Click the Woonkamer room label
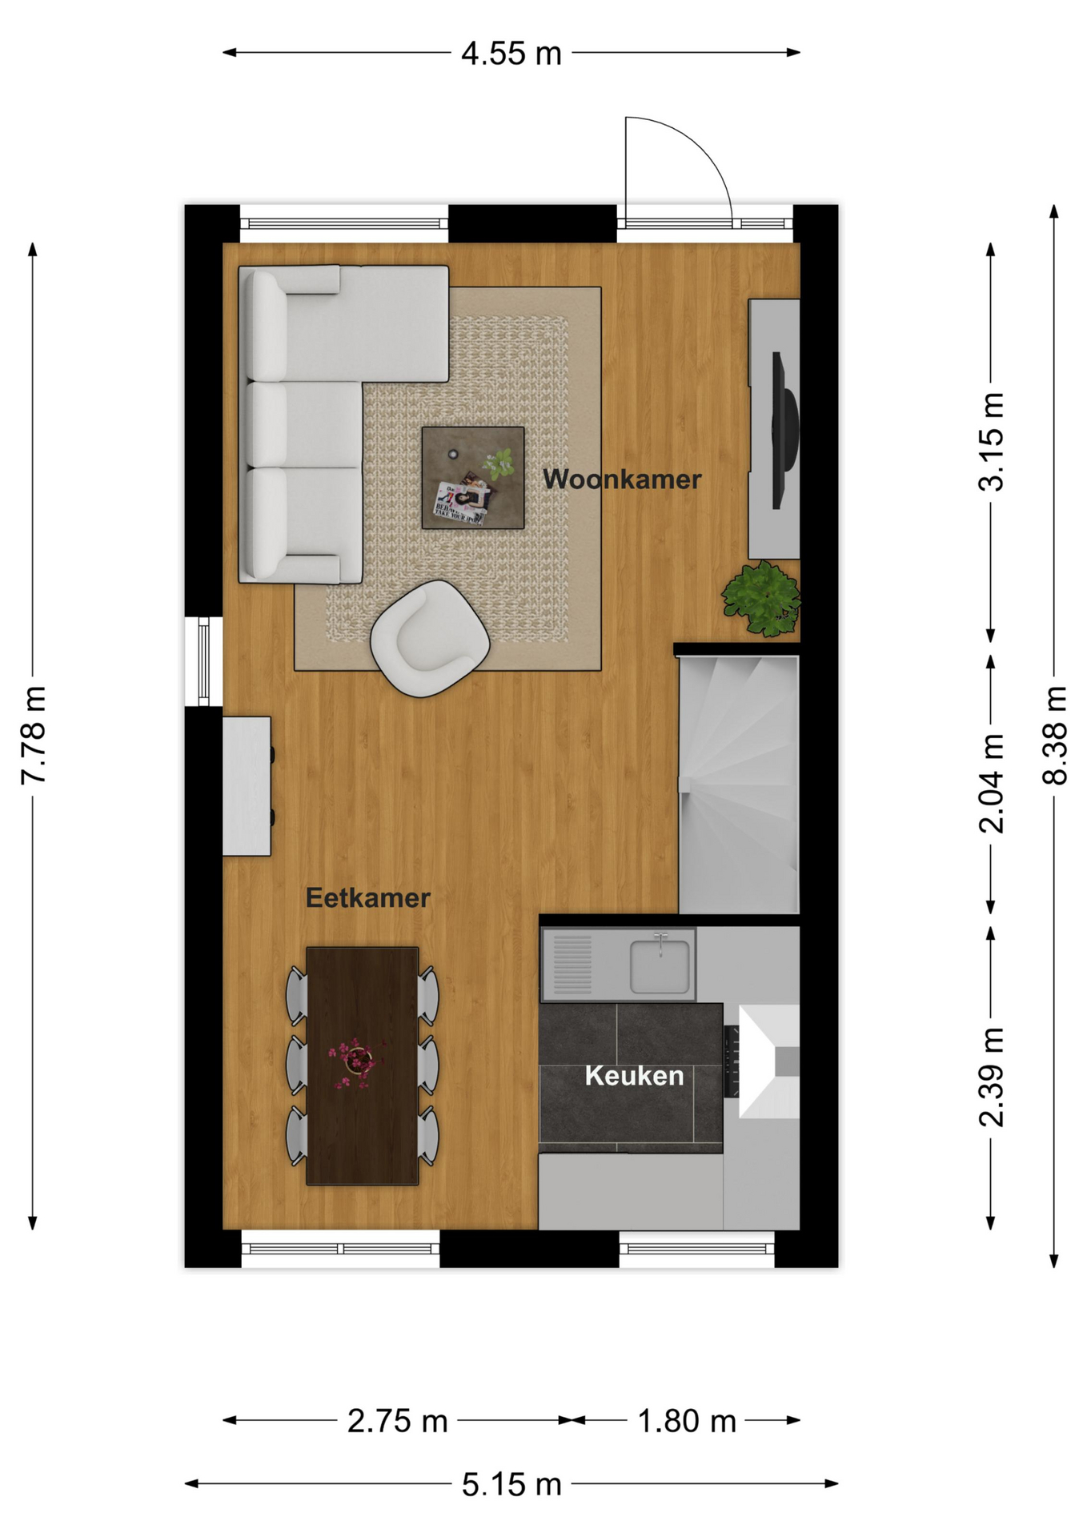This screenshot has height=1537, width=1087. coord(622,479)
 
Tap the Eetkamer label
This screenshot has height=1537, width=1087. coord(368,897)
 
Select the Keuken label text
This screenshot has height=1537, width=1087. coord(634,1075)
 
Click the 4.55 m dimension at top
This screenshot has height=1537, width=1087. coord(511,54)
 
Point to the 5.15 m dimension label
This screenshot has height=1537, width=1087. coord(511,1484)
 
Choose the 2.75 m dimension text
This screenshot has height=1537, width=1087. coord(397,1421)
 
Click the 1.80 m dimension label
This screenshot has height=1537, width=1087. coord(686,1421)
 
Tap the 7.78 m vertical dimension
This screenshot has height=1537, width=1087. coord(33,735)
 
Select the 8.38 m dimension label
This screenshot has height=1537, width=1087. coord(1055,735)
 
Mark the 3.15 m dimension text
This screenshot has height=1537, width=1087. coord(992,441)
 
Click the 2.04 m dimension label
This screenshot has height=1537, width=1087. coord(992,784)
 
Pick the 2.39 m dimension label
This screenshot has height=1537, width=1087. coord(992,1078)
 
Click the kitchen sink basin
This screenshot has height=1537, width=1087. coord(660,966)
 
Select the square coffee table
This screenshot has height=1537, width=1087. coord(473,478)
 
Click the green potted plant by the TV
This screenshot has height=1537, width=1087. coord(761,598)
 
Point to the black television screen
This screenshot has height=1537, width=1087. coord(784,430)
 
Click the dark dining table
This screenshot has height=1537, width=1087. coord(363,1065)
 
